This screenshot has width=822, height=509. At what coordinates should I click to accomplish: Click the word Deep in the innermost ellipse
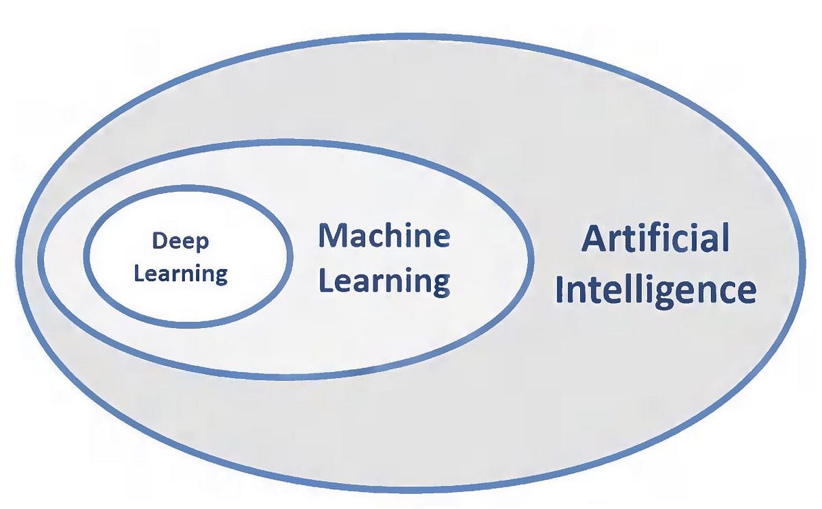coord(181,242)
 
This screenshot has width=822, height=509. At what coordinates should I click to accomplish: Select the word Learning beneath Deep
coord(181,274)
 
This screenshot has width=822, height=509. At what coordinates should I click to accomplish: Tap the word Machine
coord(384,236)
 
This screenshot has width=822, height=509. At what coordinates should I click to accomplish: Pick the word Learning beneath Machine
coord(384,282)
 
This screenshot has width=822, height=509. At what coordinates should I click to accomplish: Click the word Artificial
coord(655,239)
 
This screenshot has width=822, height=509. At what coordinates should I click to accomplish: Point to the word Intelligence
coord(656,290)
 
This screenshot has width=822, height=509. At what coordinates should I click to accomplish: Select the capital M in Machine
coord(332,236)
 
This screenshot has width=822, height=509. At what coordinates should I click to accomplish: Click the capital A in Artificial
coord(593,240)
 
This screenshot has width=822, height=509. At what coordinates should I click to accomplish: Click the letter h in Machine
coord(399,236)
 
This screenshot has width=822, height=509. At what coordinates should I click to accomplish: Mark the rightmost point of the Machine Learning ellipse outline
coord(532,261)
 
